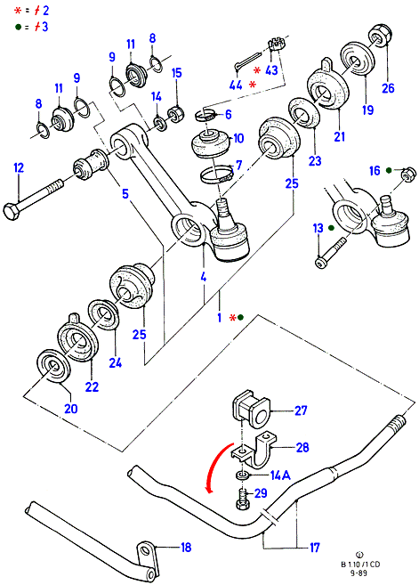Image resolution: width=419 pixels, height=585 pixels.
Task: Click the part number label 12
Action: (19, 168)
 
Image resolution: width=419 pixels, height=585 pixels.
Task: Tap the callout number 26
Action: (388, 88)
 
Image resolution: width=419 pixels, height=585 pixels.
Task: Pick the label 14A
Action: (280, 475)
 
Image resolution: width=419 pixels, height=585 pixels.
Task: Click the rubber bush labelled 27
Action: (252, 410)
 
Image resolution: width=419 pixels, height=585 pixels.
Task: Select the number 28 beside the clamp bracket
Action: (302, 447)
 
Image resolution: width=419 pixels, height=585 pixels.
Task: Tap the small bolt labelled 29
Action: (243, 500)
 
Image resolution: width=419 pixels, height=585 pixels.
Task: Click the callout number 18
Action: (186, 548)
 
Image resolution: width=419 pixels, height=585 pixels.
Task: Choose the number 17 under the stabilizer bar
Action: (315, 548)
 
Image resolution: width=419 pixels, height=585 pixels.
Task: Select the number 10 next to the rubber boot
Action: (238, 138)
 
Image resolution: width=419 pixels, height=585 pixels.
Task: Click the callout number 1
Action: (220, 318)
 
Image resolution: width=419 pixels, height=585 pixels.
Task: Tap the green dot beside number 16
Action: (389, 170)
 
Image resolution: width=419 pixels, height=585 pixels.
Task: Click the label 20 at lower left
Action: (71, 409)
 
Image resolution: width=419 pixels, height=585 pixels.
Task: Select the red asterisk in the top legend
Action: (18, 11)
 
